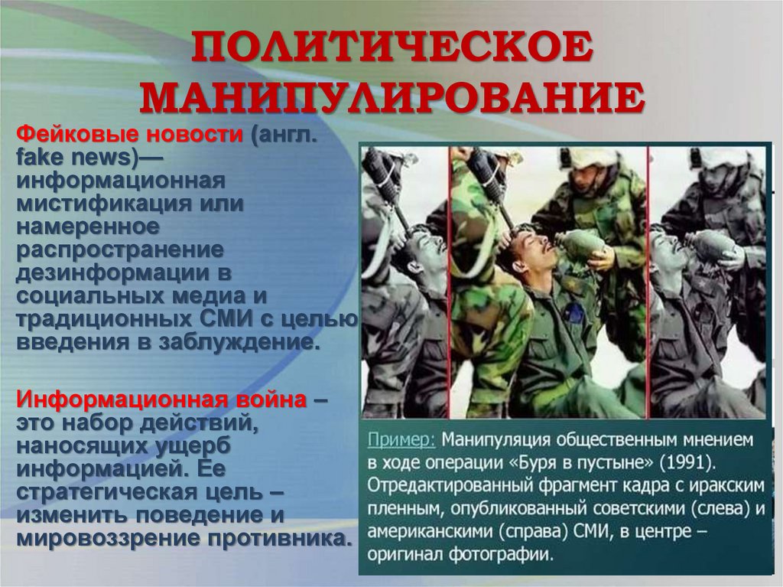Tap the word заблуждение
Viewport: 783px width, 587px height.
click(238, 341)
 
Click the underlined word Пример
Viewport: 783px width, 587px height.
click(401, 441)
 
